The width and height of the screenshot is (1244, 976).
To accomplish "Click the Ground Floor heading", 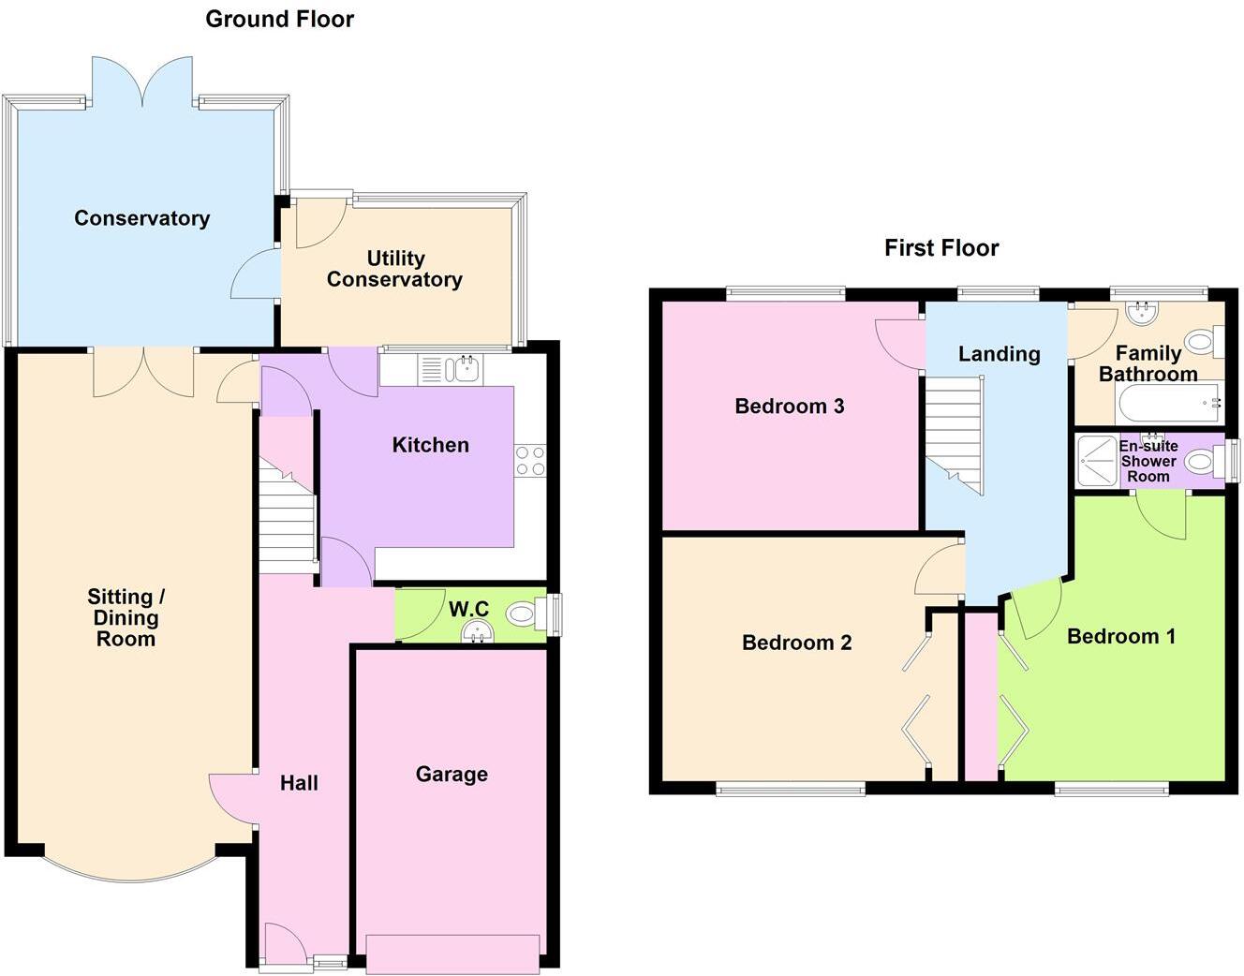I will point(279,19).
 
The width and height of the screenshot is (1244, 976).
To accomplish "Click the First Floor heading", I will point(941,248).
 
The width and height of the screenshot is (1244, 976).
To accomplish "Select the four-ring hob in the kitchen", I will point(529,462).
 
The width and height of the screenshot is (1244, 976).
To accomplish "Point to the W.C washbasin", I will point(478,634).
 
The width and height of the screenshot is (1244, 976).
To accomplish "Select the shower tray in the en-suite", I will point(1097,460).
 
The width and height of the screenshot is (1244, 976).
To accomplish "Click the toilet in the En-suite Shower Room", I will point(1203,461).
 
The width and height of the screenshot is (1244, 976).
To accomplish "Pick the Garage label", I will point(452,775).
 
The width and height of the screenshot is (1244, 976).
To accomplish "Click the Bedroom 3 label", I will point(789,407).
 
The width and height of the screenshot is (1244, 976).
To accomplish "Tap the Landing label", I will point(999,354).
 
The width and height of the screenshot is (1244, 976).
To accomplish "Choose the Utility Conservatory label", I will point(394,269).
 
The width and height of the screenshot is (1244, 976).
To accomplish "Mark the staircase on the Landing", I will point(955,431).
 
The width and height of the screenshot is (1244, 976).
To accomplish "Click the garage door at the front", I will point(452,954).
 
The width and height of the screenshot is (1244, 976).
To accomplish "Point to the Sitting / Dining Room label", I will point(126,618).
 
